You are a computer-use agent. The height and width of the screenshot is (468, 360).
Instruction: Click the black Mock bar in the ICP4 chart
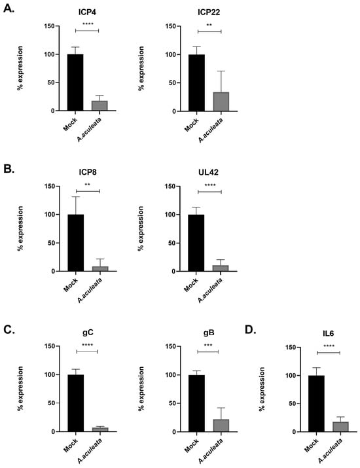click(x=75, y=82)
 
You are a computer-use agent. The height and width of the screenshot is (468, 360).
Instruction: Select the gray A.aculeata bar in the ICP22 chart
click(x=221, y=101)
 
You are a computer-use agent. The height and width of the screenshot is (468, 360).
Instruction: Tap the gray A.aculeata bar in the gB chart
click(x=221, y=425)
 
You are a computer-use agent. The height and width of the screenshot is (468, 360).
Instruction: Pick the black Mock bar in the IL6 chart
click(x=316, y=404)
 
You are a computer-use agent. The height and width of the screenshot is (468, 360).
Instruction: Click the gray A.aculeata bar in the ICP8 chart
click(x=100, y=268)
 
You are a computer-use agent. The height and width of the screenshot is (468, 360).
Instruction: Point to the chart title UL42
click(x=208, y=172)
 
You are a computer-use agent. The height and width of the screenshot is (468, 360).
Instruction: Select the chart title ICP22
click(x=209, y=12)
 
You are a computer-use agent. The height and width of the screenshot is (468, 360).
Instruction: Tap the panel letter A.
click(x=9, y=9)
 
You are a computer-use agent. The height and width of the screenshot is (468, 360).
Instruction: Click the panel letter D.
click(x=251, y=330)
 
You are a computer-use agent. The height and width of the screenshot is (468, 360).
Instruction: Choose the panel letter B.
click(x=9, y=169)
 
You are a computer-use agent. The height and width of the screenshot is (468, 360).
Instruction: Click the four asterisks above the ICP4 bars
click(x=88, y=24)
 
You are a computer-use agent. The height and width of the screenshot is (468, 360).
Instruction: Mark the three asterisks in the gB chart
click(x=208, y=346)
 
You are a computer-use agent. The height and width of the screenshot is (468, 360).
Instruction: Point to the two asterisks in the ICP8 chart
click(x=88, y=185)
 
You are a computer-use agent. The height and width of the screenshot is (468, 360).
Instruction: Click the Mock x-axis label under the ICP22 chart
click(x=191, y=125)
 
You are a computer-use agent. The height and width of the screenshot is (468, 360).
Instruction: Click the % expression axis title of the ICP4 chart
click(x=20, y=68)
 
